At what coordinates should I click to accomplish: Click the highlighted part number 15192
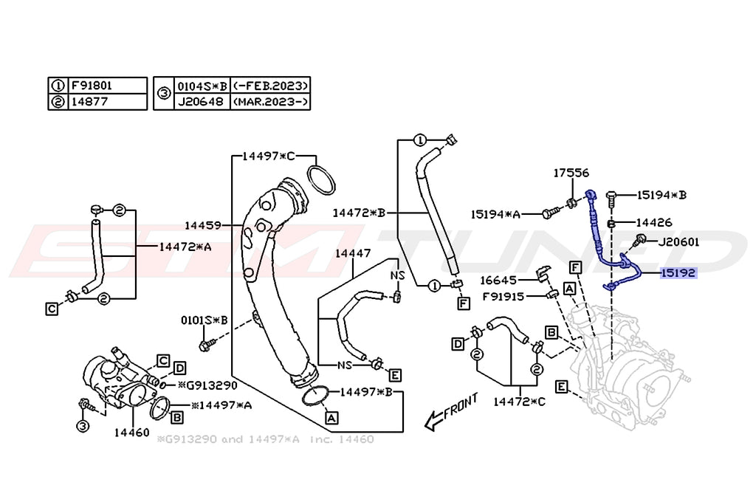[x=678, y=272]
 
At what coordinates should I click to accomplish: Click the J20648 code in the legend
[x=199, y=101]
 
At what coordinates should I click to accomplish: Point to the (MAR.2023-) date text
[x=269, y=101]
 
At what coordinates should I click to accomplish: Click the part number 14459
[x=203, y=224]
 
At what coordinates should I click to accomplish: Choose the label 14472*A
[x=185, y=247]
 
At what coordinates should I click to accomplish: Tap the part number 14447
[x=352, y=253]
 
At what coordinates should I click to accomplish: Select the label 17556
[x=571, y=173]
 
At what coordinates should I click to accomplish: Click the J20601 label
[x=678, y=241]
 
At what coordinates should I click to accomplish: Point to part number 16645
[x=500, y=280]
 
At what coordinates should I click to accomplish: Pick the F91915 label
[x=504, y=296]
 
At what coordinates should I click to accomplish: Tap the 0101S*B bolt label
[x=204, y=320]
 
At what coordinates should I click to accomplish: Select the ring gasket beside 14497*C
[x=321, y=180]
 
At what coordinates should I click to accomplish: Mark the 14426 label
[x=654, y=221]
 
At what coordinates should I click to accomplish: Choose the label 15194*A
[x=495, y=214]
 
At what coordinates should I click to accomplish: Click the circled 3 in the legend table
[x=163, y=93]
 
